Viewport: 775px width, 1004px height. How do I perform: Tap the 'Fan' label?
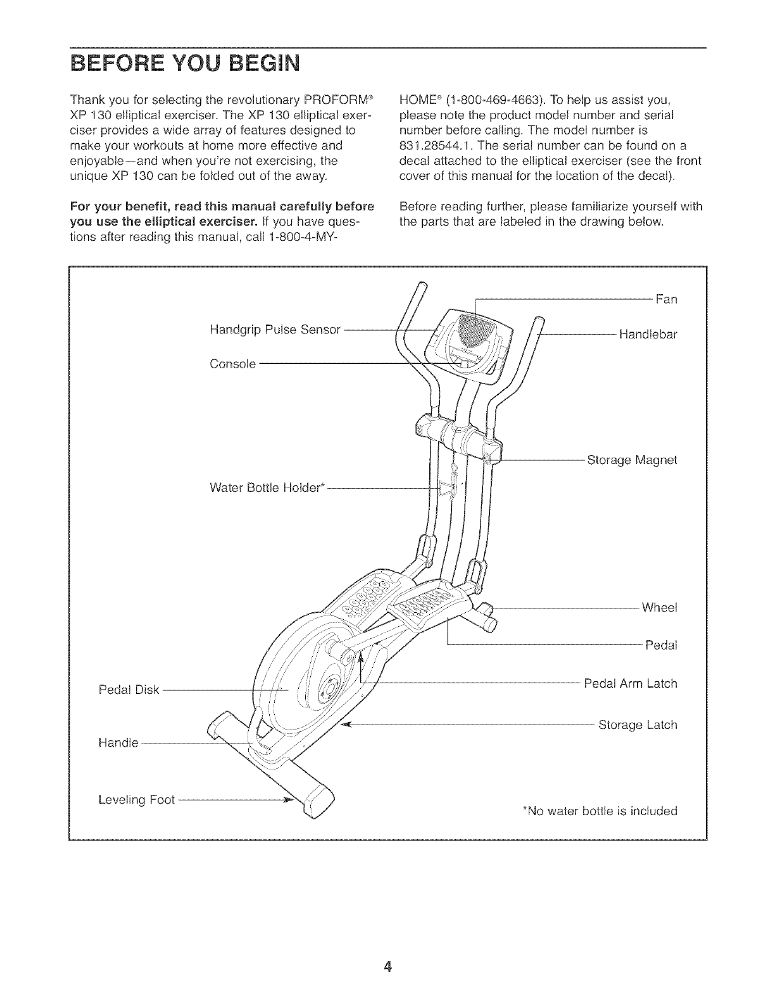coord(666,299)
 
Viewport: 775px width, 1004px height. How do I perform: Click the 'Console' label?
coord(232,364)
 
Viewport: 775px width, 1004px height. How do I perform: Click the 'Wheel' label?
coord(659,607)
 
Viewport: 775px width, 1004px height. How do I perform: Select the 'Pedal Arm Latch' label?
coord(630,684)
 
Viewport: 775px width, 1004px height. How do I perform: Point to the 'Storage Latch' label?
coord(637,724)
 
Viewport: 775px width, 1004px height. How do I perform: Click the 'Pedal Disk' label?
coord(129,689)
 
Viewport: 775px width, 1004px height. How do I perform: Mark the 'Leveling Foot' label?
coord(136,800)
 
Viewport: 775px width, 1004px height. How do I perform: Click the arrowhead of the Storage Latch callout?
coord(346,723)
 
